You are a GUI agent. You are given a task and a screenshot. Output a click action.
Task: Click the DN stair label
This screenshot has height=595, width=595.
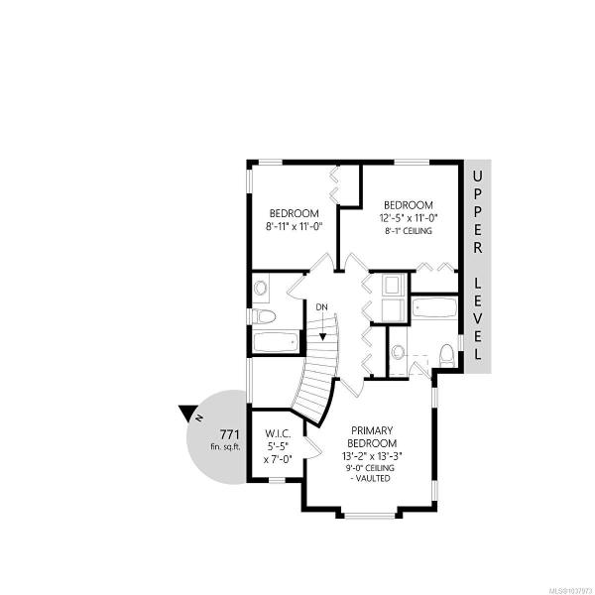click(x=321, y=307)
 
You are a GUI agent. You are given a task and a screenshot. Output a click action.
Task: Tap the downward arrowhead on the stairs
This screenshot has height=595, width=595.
click(x=322, y=336)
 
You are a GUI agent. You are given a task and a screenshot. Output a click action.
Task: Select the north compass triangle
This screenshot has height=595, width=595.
click(x=187, y=414)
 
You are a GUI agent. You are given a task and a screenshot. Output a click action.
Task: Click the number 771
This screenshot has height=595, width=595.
click(x=230, y=433)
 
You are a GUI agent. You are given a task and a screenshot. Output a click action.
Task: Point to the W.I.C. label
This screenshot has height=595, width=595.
click(x=278, y=433)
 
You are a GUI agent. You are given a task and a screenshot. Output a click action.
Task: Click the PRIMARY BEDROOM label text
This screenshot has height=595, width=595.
click(x=372, y=436)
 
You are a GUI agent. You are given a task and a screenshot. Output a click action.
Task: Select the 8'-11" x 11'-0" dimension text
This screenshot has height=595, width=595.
click(x=294, y=226)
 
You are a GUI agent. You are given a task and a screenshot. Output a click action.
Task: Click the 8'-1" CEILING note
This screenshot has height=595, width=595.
click(x=409, y=231)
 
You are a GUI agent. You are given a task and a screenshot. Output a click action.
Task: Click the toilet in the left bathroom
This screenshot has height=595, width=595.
click(x=265, y=316)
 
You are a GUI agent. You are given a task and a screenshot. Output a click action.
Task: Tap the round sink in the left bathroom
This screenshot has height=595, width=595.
click(x=260, y=288)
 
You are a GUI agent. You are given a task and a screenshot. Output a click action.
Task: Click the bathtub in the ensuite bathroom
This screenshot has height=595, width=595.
click(x=434, y=306)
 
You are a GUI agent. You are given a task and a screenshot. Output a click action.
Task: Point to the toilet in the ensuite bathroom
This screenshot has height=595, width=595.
click(x=446, y=356)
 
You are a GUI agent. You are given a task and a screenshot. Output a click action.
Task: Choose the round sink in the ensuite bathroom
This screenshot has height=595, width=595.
click(x=398, y=352)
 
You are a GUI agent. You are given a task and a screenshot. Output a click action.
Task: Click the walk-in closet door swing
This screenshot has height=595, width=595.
click(x=313, y=448)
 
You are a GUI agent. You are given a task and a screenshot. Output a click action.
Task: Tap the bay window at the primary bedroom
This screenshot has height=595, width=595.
click(x=370, y=515)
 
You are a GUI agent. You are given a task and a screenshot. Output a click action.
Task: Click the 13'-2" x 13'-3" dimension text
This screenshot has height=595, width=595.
click(x=372, y=455)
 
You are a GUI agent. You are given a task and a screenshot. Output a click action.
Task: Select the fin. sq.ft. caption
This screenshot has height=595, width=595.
click(x=226, y=446)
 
